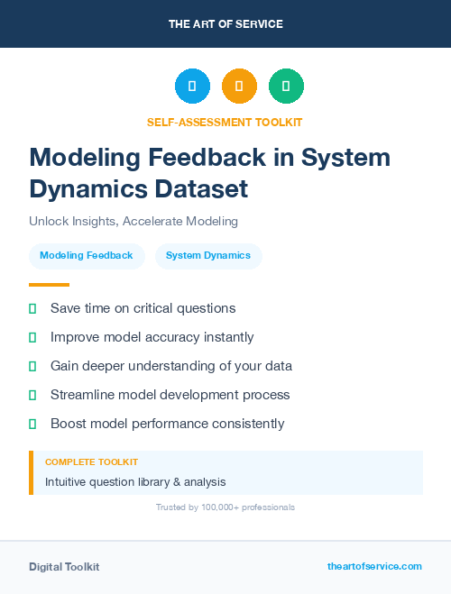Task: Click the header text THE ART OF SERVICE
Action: [x=225, y=24]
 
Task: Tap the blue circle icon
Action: [x=192, y=87]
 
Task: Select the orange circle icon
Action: [x=239, y=87]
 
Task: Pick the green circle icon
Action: [x=286, y=87]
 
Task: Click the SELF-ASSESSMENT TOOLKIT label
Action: [x=225, y=122]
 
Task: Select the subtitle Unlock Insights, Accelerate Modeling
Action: [x=133, y=222]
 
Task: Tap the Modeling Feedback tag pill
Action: [x=87, y=256]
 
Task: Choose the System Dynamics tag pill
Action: [x=208, y=256]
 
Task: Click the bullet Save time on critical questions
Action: [x=143, y=308]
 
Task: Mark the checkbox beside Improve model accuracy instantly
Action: [x=32, y=337]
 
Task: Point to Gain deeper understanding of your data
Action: [x=170, y=366]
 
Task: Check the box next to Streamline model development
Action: [x=32, y=395]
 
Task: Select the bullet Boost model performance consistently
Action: [x=167, y=424]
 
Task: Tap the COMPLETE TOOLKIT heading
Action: [x=91, y=461]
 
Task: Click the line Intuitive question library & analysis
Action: [x=135, y=482]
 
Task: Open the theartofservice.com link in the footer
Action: [x=374, y=566]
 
